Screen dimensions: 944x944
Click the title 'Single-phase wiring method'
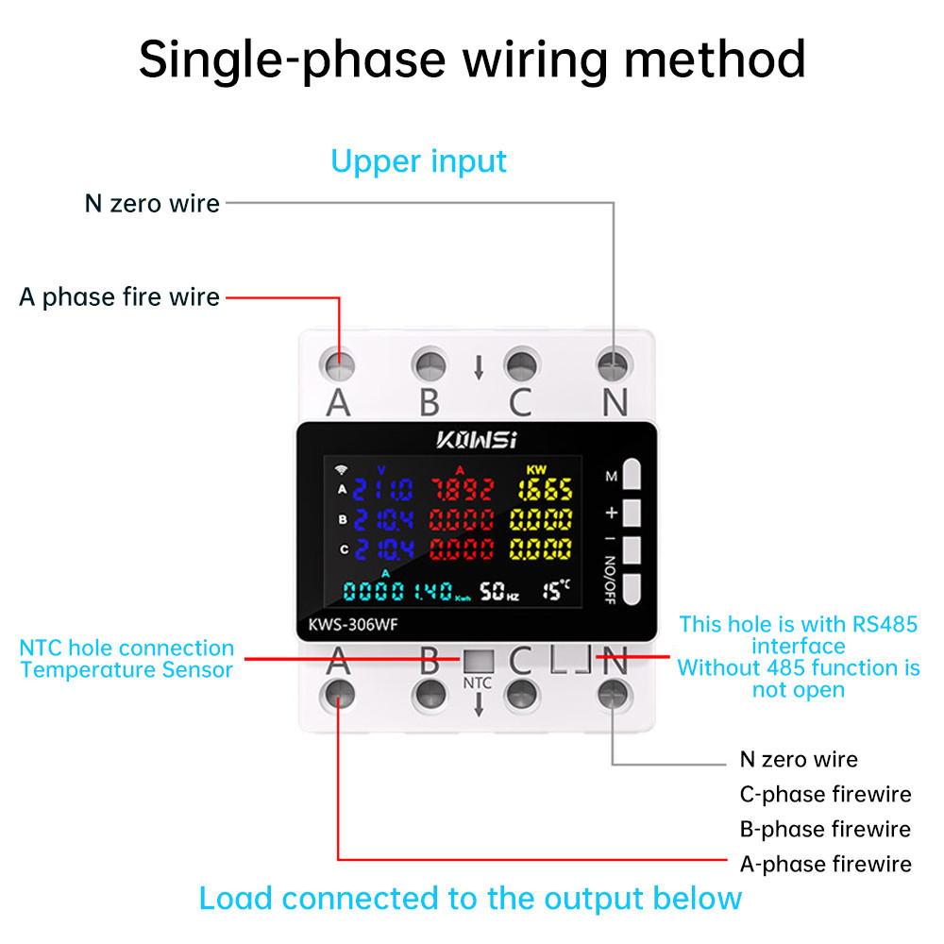click(472, 59)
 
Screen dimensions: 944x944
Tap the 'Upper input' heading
click(418, 160)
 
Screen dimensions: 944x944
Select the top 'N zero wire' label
click(152, 203)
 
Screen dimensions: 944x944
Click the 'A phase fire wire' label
click(120, 297)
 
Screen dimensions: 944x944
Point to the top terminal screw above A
click(338, 363)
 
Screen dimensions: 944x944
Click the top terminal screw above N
click(614, 363)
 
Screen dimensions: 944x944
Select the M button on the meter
click(632, 475)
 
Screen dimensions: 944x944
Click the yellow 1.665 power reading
click(544, 489)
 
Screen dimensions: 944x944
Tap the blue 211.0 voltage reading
click(382, 489)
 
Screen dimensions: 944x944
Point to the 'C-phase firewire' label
click(825, 794)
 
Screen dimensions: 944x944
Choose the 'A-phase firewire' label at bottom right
click(825, 864)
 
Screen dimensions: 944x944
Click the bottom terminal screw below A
click(338, 696)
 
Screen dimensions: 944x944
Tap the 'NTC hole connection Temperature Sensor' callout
click(126, 659)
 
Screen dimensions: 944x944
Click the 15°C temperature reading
click(556, 591)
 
